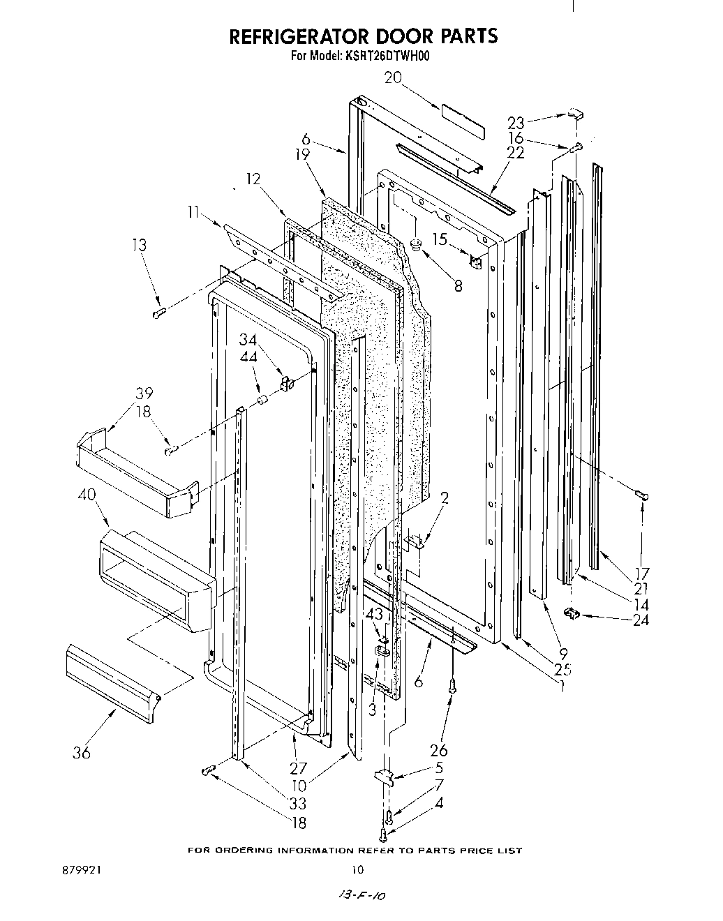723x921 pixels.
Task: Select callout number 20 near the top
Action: point(393,77)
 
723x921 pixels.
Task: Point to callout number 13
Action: point(140,245)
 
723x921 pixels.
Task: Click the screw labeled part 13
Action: point(158,313)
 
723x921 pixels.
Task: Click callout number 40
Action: point(87,495)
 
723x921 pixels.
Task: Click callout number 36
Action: point(82,753)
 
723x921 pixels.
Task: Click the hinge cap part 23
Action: point(574,113)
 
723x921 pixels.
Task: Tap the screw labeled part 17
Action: point(643,495)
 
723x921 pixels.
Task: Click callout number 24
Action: point(640,619)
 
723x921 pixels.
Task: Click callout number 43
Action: point(375,614)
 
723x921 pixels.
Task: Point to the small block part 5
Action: point(385,778)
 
